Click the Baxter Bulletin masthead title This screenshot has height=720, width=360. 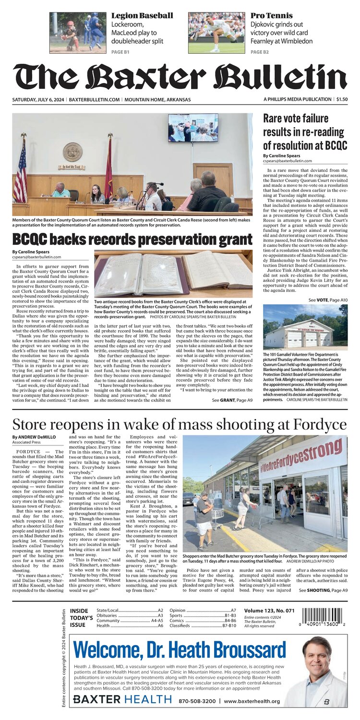tap(180, 76)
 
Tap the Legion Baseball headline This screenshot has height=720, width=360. tap(142, 16)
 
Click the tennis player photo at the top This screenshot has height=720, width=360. tap(216, 32)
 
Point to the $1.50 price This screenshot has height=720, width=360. tap(342, 99)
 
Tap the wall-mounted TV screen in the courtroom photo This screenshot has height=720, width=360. tap(193, 127)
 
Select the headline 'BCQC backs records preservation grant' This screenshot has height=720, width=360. tap(132, 240)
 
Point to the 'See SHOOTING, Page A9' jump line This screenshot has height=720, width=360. tap(323, 590)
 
